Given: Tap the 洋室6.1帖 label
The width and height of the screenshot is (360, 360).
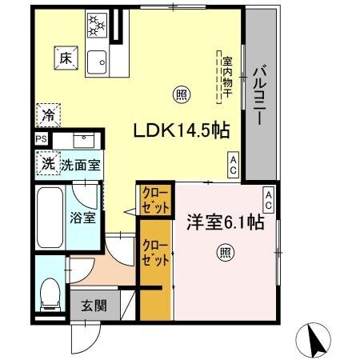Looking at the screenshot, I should [225, 222].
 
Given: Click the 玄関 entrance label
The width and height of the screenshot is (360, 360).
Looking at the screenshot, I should [88, 304].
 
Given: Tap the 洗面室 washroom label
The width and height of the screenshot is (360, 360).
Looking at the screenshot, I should [82, 165].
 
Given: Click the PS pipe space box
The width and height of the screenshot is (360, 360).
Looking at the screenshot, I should [41, 139].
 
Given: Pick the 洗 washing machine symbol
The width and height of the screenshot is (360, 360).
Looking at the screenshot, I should [48, 164].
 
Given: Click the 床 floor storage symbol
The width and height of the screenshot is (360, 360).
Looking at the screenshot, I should [65, 58].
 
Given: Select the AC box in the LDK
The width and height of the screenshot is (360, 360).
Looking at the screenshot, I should [233, 165].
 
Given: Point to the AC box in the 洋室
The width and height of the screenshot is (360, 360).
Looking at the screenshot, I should [268, 200].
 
